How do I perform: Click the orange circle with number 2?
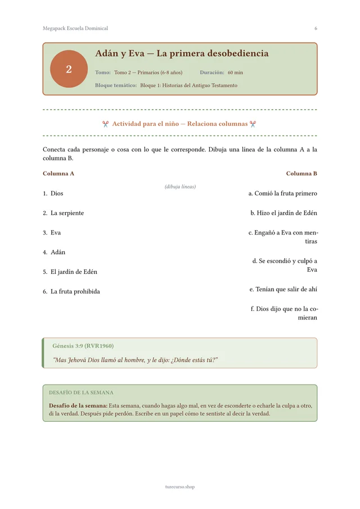(69, 69)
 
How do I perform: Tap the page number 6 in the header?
(316, 28)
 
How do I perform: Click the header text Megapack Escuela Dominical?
(75, 28)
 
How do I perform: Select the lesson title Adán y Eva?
(182, 54)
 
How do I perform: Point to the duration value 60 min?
(235, 73)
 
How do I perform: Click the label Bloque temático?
(116, 85)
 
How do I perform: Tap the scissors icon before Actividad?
(106, 124)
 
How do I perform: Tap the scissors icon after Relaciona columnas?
(253, 124)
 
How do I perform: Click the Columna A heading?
(58, 173)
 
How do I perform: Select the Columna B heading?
(301, 173)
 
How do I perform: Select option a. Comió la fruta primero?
(282, 193)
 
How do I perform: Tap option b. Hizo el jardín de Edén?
(283, 213)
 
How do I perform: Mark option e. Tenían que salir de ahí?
(283, 289)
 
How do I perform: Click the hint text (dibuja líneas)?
(180, 186)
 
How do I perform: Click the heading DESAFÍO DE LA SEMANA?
(81, 393)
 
